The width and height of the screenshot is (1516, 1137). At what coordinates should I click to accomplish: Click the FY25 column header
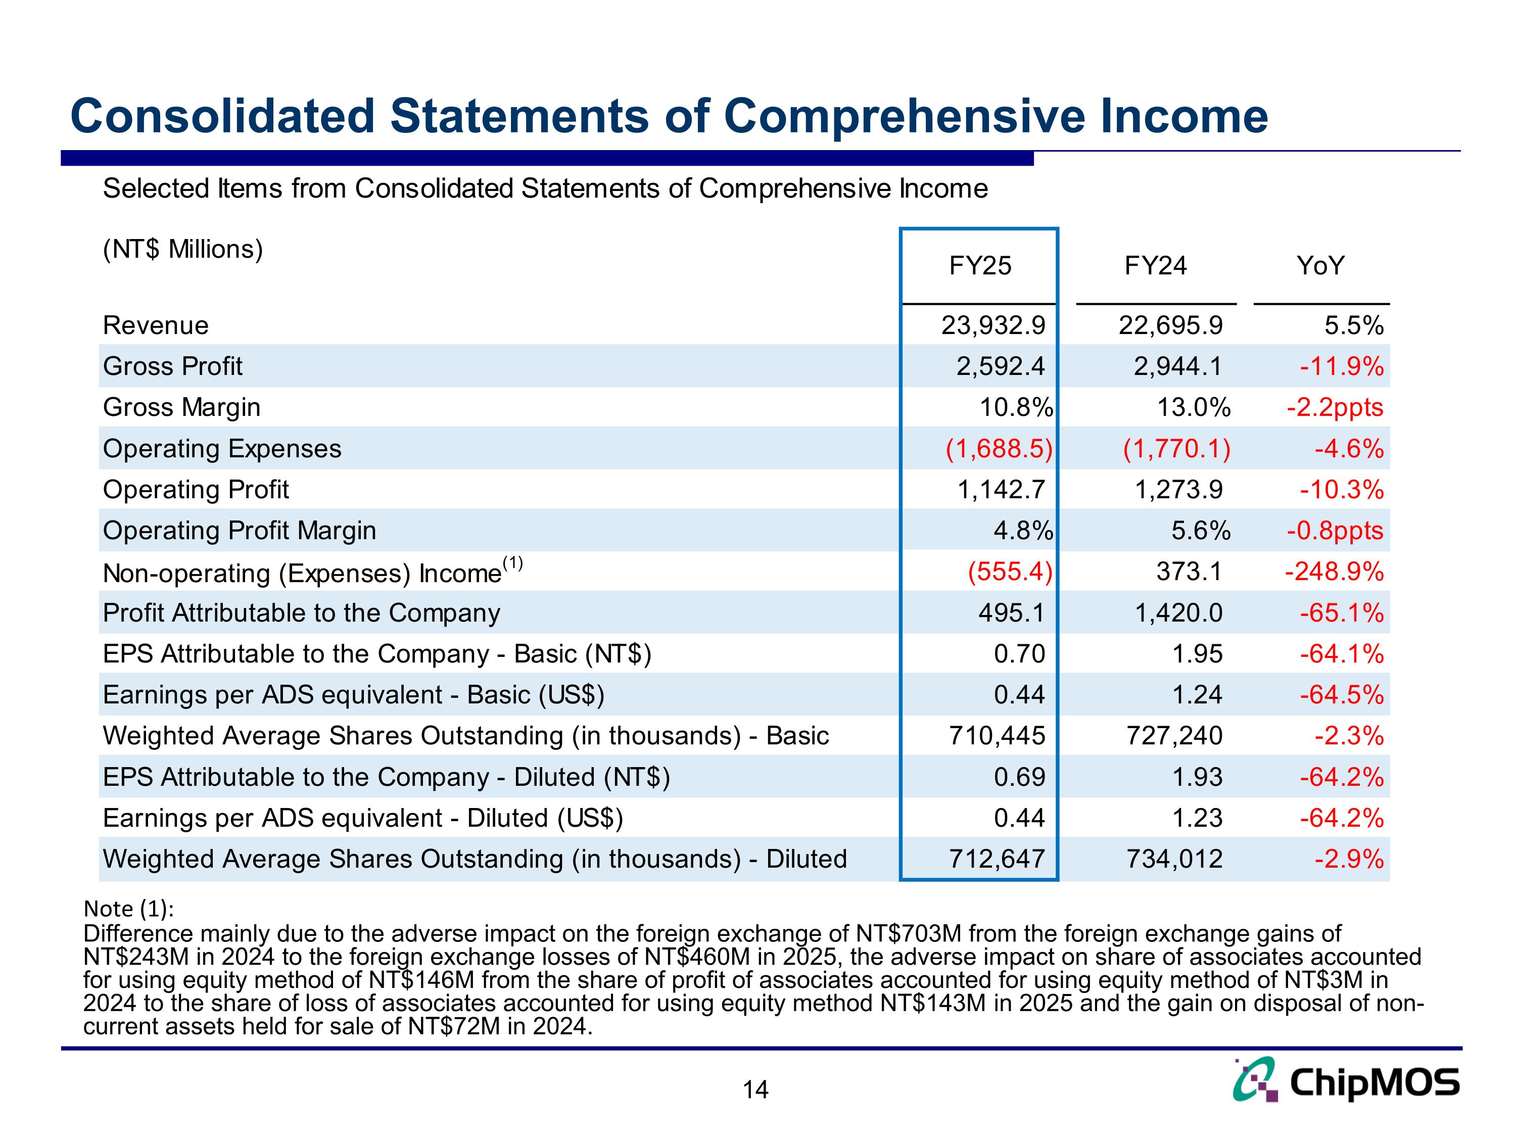tap(979, 266)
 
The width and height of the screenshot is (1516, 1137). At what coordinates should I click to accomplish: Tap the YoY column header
tap(1320, 266)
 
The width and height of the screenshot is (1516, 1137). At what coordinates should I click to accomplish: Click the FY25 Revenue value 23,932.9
tap(993, 325)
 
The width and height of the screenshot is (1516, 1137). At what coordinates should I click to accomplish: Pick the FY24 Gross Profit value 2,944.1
tap(1177, 367)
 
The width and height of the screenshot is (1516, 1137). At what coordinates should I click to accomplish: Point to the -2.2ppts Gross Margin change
tap(1335, 408)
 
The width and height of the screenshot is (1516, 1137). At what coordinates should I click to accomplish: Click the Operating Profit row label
tap(196, 490)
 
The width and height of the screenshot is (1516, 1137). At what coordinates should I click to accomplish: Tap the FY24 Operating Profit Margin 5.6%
tap(1200, 531)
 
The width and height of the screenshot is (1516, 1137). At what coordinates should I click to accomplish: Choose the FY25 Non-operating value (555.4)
tap(1010, 572)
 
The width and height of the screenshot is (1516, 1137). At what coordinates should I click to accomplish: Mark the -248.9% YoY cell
tap(1334, 572)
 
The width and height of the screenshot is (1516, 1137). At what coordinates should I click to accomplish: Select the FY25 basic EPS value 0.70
tap(1019, 654)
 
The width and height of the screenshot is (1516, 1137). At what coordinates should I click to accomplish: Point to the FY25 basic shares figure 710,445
tap(997, 736)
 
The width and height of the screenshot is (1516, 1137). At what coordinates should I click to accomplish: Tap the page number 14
tap(755, 1089)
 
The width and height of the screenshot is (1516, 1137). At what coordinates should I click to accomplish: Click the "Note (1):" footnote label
tap(129, 909)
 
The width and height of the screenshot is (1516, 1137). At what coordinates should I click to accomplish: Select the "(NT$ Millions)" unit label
tap(183, 250)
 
